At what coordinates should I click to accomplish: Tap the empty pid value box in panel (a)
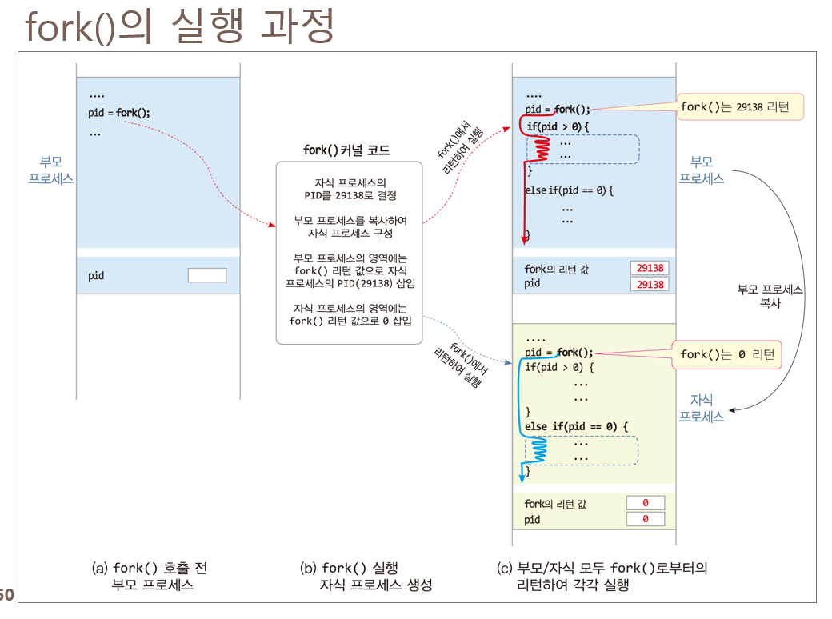[x=206, y=275]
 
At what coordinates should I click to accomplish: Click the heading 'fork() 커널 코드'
[x=346, y=150]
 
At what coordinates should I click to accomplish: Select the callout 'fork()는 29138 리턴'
[x=739, y=107]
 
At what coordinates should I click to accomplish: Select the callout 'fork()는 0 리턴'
[x=727, y=354]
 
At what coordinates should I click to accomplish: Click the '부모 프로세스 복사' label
[x=770, y=297]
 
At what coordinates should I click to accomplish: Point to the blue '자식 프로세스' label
[x=702, y=408]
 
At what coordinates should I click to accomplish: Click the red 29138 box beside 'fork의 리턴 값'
[x=649, y=269]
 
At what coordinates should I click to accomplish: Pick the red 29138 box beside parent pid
[x=649, y=284]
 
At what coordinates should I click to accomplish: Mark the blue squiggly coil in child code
[x=538, y=451]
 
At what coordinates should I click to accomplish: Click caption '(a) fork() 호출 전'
[x=150, y=568]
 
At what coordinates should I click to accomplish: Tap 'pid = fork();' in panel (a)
[x=119, y=113]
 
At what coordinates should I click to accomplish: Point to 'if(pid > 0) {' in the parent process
[x=558, y=126]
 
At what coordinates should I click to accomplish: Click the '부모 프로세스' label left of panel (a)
[x=51, y=170]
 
